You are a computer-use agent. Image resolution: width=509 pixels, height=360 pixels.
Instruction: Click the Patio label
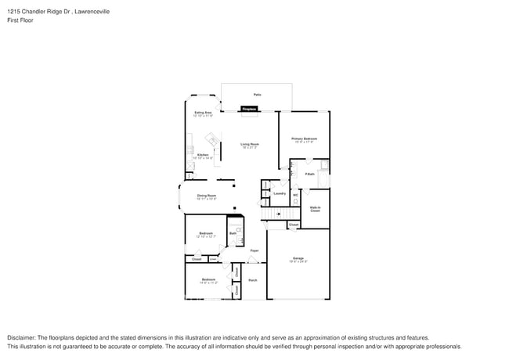256,95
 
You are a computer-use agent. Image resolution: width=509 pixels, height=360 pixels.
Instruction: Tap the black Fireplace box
250,109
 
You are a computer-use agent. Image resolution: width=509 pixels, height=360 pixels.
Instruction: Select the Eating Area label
203,113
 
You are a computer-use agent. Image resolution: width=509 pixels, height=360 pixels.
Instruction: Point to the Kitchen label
203,155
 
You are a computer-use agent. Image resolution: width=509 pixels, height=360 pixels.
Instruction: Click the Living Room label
250,144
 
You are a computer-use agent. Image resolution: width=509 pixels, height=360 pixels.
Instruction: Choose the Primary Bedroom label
303,139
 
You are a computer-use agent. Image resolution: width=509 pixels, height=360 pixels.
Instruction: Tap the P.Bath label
310,174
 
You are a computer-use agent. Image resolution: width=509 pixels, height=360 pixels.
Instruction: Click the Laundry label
279,193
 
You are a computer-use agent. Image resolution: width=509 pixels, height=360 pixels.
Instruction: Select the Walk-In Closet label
315,209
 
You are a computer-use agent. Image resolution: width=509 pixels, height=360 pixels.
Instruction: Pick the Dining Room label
206,196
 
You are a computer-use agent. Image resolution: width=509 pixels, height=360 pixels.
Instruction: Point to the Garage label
298,258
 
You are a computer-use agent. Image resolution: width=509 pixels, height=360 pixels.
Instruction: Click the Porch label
253,280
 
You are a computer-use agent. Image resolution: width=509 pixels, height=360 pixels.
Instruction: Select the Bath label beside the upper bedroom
233,232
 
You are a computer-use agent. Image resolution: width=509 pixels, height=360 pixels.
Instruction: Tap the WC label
295,195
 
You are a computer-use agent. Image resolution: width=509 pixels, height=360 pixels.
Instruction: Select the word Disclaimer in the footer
23,337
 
